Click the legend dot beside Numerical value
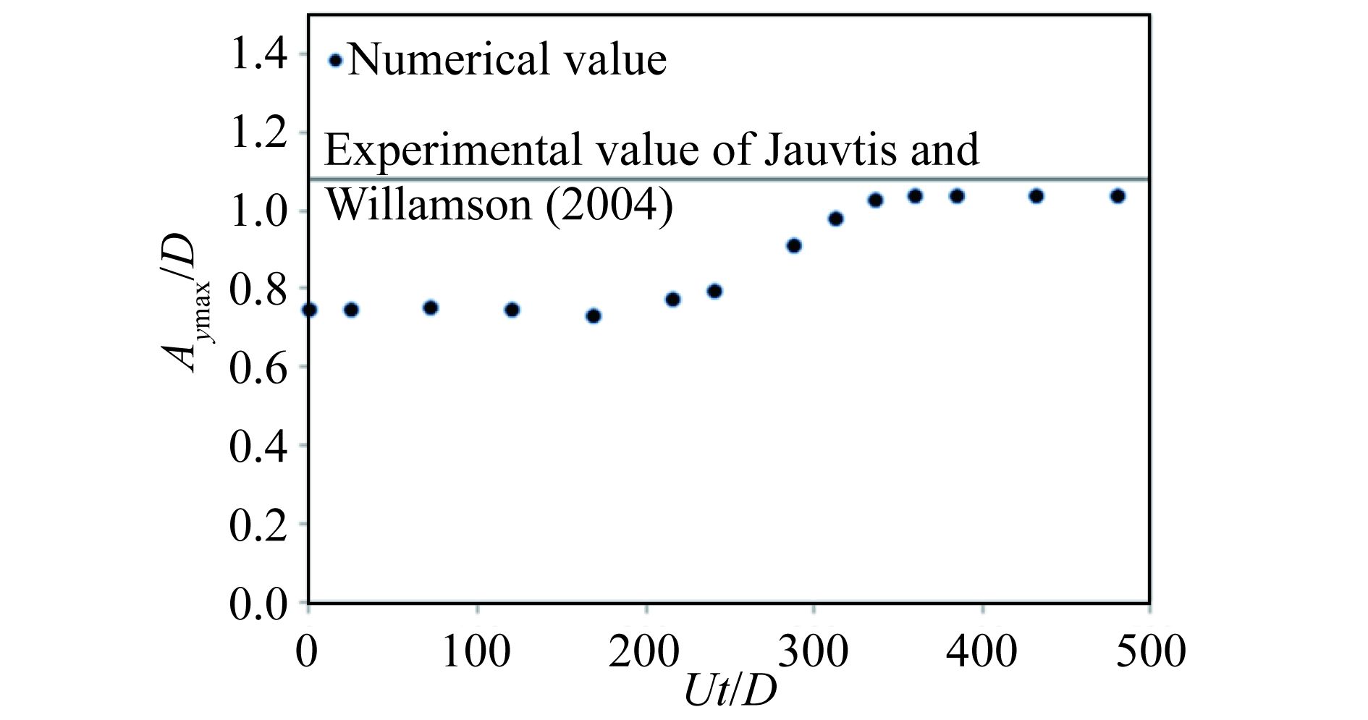[x=335, y=60]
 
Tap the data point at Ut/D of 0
[x=310, y=310]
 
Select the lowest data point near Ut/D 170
[x=594, y=315]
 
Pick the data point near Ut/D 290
[x=794, y=245]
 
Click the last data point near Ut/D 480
[x=1118, y=196]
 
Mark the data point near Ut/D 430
[x=1036, y=196]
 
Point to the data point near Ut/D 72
[x=431, y=308]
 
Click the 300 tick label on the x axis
[x=814, y=651]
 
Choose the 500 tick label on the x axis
[x=1151, y=651]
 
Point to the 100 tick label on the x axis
[x=476, y=651]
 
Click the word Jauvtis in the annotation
[x=822, y=149]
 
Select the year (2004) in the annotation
[x=609, y=205]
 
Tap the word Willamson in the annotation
[x=429, y=205]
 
